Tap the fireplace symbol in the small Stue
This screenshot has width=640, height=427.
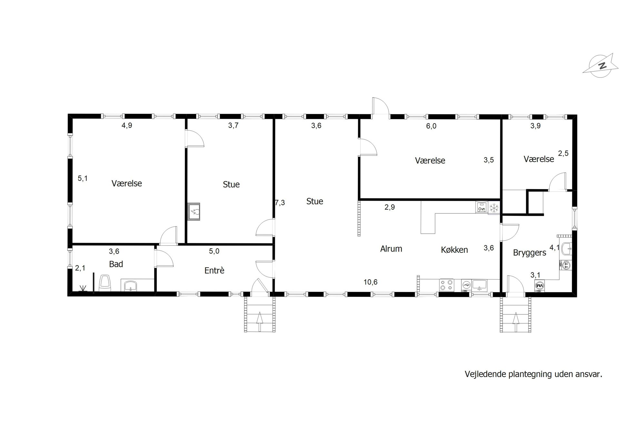(x=194, y=212)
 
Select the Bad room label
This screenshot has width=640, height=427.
(x=116, y=264)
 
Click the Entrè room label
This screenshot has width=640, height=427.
(x=215, y=270)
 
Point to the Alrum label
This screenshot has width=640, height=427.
(x=391, y=249)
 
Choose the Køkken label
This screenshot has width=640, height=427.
(x=454, y=249)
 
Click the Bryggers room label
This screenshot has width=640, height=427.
(x=529, y=253)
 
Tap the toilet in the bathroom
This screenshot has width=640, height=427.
(x=105, y=283)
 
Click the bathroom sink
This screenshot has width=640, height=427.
(x=130, y=286)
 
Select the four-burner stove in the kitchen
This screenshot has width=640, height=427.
(x=446, y=286)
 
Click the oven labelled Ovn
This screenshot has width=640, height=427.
(x=481, y=207)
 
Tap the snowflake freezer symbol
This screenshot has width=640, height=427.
(x=494, y=208)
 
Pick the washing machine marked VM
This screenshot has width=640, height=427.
(x=540, y=286)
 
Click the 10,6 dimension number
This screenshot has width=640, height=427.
(x=371, y=282)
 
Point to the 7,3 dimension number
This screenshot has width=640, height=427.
(x=280, y=203)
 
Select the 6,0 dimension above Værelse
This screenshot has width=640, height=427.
(x=431, y=126)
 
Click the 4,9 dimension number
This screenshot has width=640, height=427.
(x=127, y=126)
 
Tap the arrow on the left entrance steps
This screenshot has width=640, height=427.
(x=260, y=321)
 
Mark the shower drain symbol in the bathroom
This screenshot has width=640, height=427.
(x=83, y=288)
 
